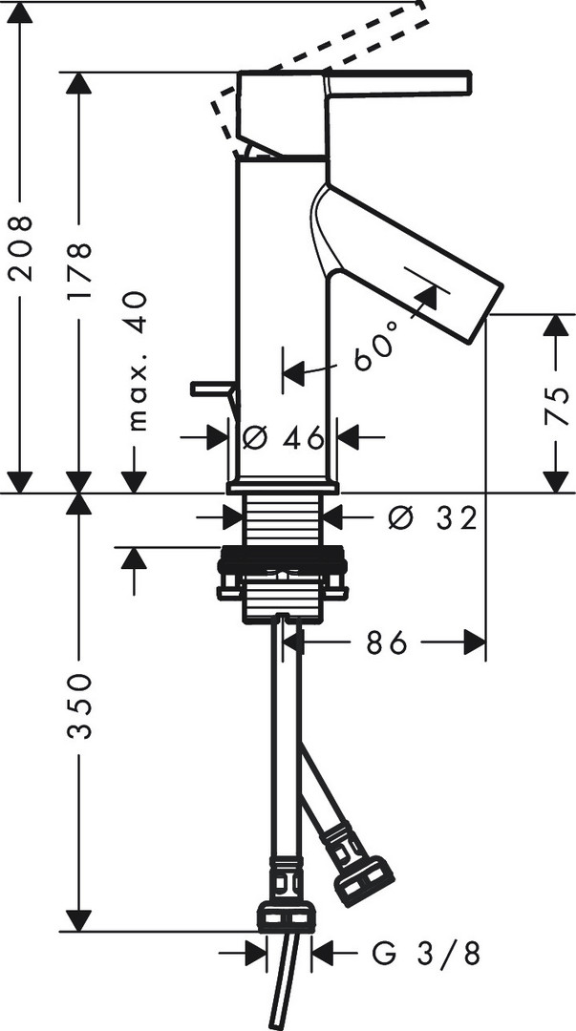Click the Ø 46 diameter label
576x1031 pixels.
pos(284,437)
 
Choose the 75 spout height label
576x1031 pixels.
pos(557,406)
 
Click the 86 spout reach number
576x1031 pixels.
pos(389,643)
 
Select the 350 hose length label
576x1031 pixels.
pos(79,706)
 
